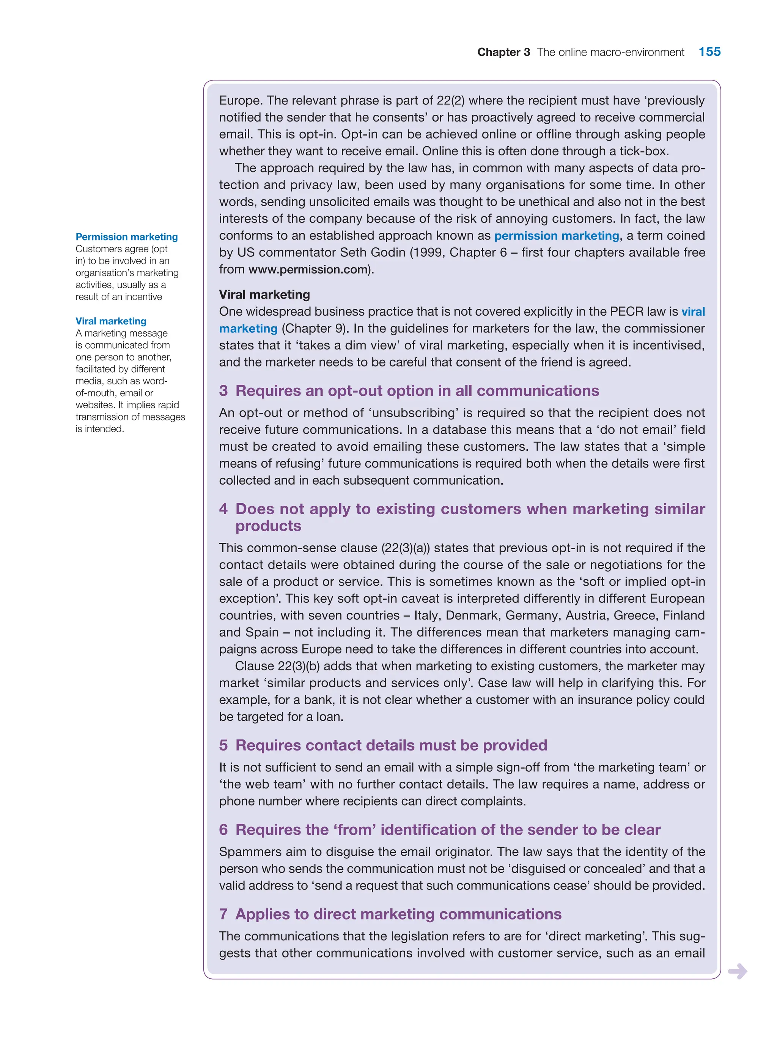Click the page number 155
tap(709, 52)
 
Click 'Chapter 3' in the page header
tap(503, 52)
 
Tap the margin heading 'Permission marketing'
tap(126, 237)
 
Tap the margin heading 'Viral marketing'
tap(111, 321)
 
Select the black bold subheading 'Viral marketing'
tap(264, 295)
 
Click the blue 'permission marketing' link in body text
tap(557, 235)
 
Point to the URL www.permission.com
tap(308, 269)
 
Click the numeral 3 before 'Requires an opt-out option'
tap(223, 391)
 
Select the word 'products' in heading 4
tap(268, 526)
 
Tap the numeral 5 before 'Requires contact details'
tap(223, 745)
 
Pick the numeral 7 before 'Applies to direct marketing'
tap(223, 914)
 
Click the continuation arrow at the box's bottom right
tap(737, 971)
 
